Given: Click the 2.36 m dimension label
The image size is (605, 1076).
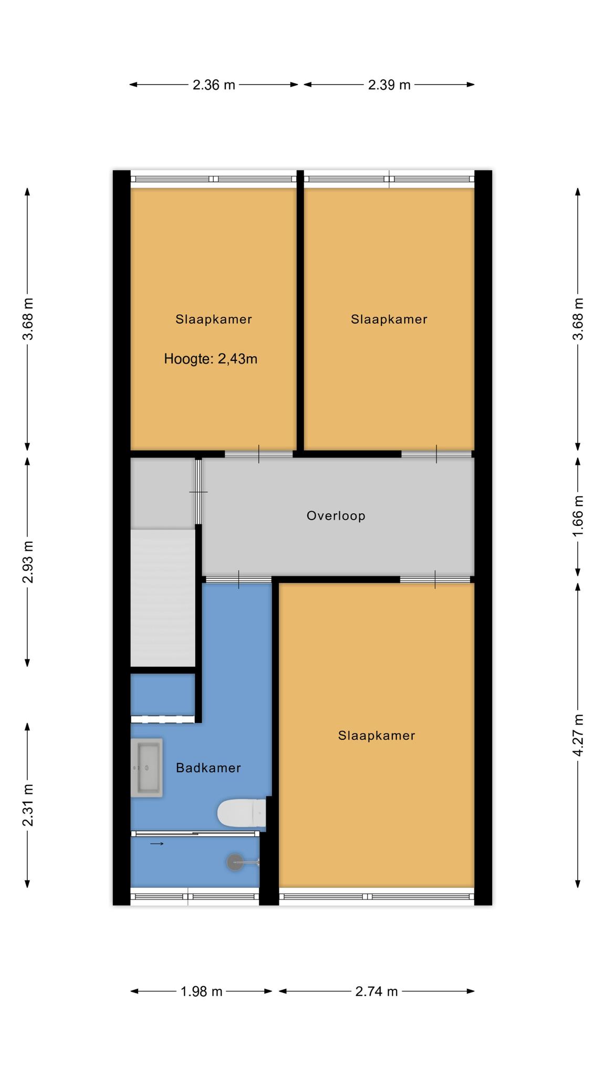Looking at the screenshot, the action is coord(214,85).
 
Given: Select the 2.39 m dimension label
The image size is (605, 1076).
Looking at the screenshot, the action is coord(389,85).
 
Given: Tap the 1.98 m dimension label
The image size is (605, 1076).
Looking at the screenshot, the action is coord(202,991).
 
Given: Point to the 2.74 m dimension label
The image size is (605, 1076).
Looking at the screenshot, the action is coord(377,991).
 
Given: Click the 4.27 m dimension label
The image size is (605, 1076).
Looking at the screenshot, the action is coord(578,735).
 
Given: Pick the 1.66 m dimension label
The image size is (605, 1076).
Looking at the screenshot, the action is coord(578,516).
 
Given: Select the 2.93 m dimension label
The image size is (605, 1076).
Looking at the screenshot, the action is coord(28,562).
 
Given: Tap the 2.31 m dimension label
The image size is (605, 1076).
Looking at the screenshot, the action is coord(28,805).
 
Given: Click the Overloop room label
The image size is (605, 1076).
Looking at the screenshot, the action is coord(336,516).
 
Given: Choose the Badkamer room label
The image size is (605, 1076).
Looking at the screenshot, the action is coord(208,768).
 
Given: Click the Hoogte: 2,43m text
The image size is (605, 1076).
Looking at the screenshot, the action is coord(211,359).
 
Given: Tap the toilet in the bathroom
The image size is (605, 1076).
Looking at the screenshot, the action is coord(242,813).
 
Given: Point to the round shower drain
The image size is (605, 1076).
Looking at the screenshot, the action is coord(235,862).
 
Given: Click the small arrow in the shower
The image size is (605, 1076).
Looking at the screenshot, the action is coord(157,844).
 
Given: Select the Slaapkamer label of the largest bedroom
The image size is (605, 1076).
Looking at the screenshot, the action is coord(377,736).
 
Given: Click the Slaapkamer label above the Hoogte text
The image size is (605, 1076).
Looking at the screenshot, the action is coord(214,319).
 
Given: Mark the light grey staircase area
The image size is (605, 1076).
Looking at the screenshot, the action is coord(163,598).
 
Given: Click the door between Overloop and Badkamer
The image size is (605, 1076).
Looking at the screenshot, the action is coord(238,580).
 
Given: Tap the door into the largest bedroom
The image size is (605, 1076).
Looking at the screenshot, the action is coord(435,580).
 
